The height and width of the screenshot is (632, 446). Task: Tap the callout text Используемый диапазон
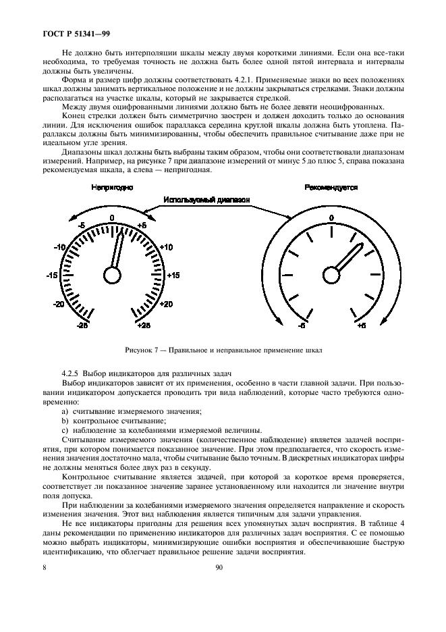[205, 201]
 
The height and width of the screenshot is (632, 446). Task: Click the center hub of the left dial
[111, 274]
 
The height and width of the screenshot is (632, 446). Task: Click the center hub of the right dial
[331, 275]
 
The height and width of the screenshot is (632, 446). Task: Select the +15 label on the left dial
[172, 275]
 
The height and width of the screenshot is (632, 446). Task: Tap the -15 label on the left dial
[51, 275]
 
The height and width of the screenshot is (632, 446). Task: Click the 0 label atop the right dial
[331, 217]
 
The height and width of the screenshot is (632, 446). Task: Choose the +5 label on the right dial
[361, 325]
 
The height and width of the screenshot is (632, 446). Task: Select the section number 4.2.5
[71, 373]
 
